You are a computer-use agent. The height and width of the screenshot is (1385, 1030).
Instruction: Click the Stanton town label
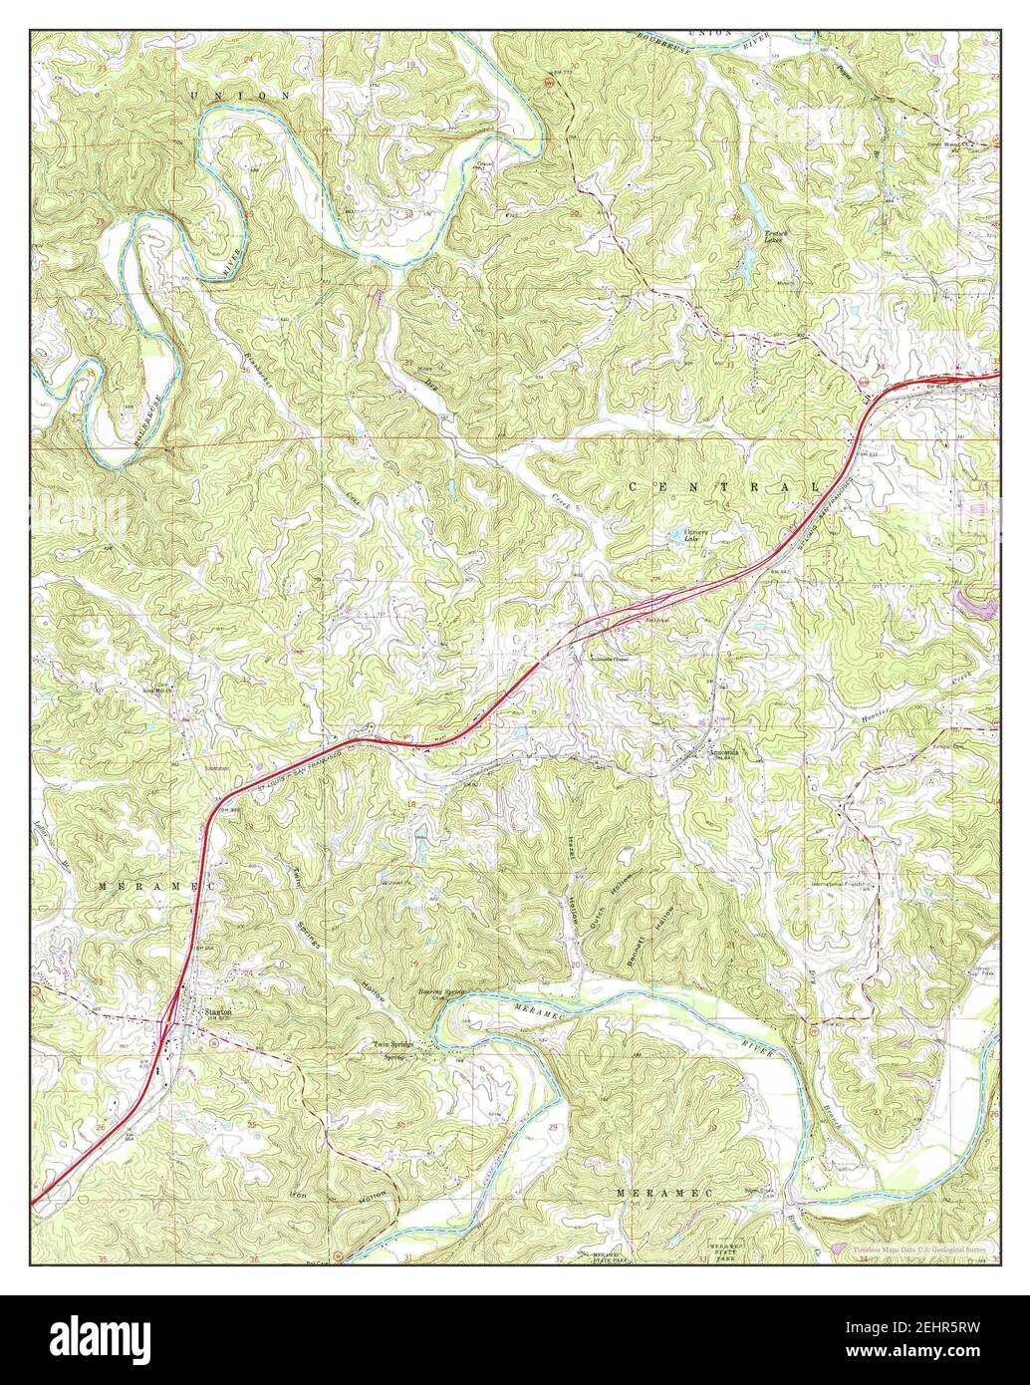coord(218,1010)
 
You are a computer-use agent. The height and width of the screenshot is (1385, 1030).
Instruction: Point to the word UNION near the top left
coord(241,94)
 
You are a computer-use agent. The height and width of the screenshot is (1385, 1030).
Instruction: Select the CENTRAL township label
coord(724,486)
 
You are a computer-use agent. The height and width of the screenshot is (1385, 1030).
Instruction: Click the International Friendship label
coord(842,885)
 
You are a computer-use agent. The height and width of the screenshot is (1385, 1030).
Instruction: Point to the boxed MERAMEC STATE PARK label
coord(726,1251)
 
